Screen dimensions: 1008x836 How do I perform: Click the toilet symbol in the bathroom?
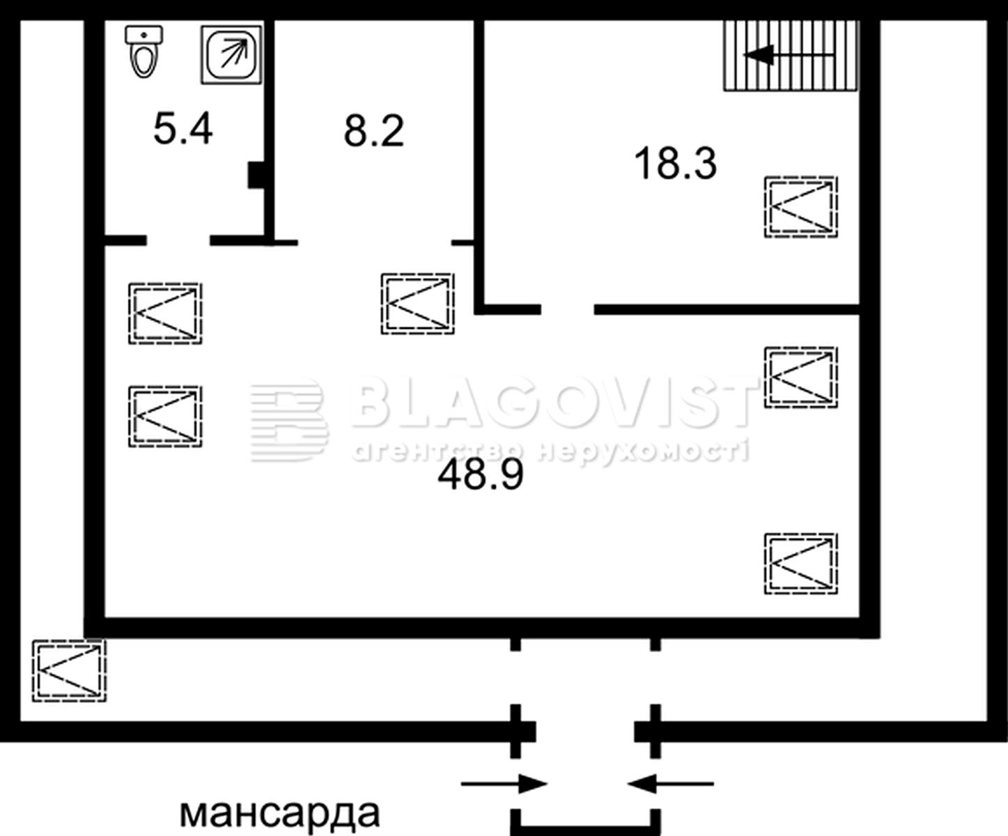[144, 52]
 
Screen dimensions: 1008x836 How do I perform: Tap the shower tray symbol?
[231, 54]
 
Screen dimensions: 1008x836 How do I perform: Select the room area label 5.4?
[183, 129]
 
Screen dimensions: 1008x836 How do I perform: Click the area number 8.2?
[373, 131]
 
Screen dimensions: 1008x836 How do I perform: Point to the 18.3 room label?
[676, 164]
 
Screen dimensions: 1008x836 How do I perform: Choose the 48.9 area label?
[481, 474]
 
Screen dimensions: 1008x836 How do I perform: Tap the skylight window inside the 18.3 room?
[801, 207]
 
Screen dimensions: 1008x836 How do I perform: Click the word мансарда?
[279, 813]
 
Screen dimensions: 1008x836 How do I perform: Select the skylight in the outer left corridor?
[69, 671]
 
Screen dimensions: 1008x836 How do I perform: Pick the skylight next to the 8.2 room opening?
[417, 304]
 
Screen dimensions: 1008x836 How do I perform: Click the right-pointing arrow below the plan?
[504, 783]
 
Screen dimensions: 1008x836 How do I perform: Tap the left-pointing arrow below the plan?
[671, 783]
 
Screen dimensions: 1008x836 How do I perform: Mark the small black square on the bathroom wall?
[256, 175]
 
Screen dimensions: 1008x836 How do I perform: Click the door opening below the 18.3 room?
[567, 309]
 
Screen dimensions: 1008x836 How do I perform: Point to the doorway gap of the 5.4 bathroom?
[178, 240]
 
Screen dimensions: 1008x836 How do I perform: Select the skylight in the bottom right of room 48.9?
[801, 564]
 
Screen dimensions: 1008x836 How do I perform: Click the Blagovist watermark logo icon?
[288, 421]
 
